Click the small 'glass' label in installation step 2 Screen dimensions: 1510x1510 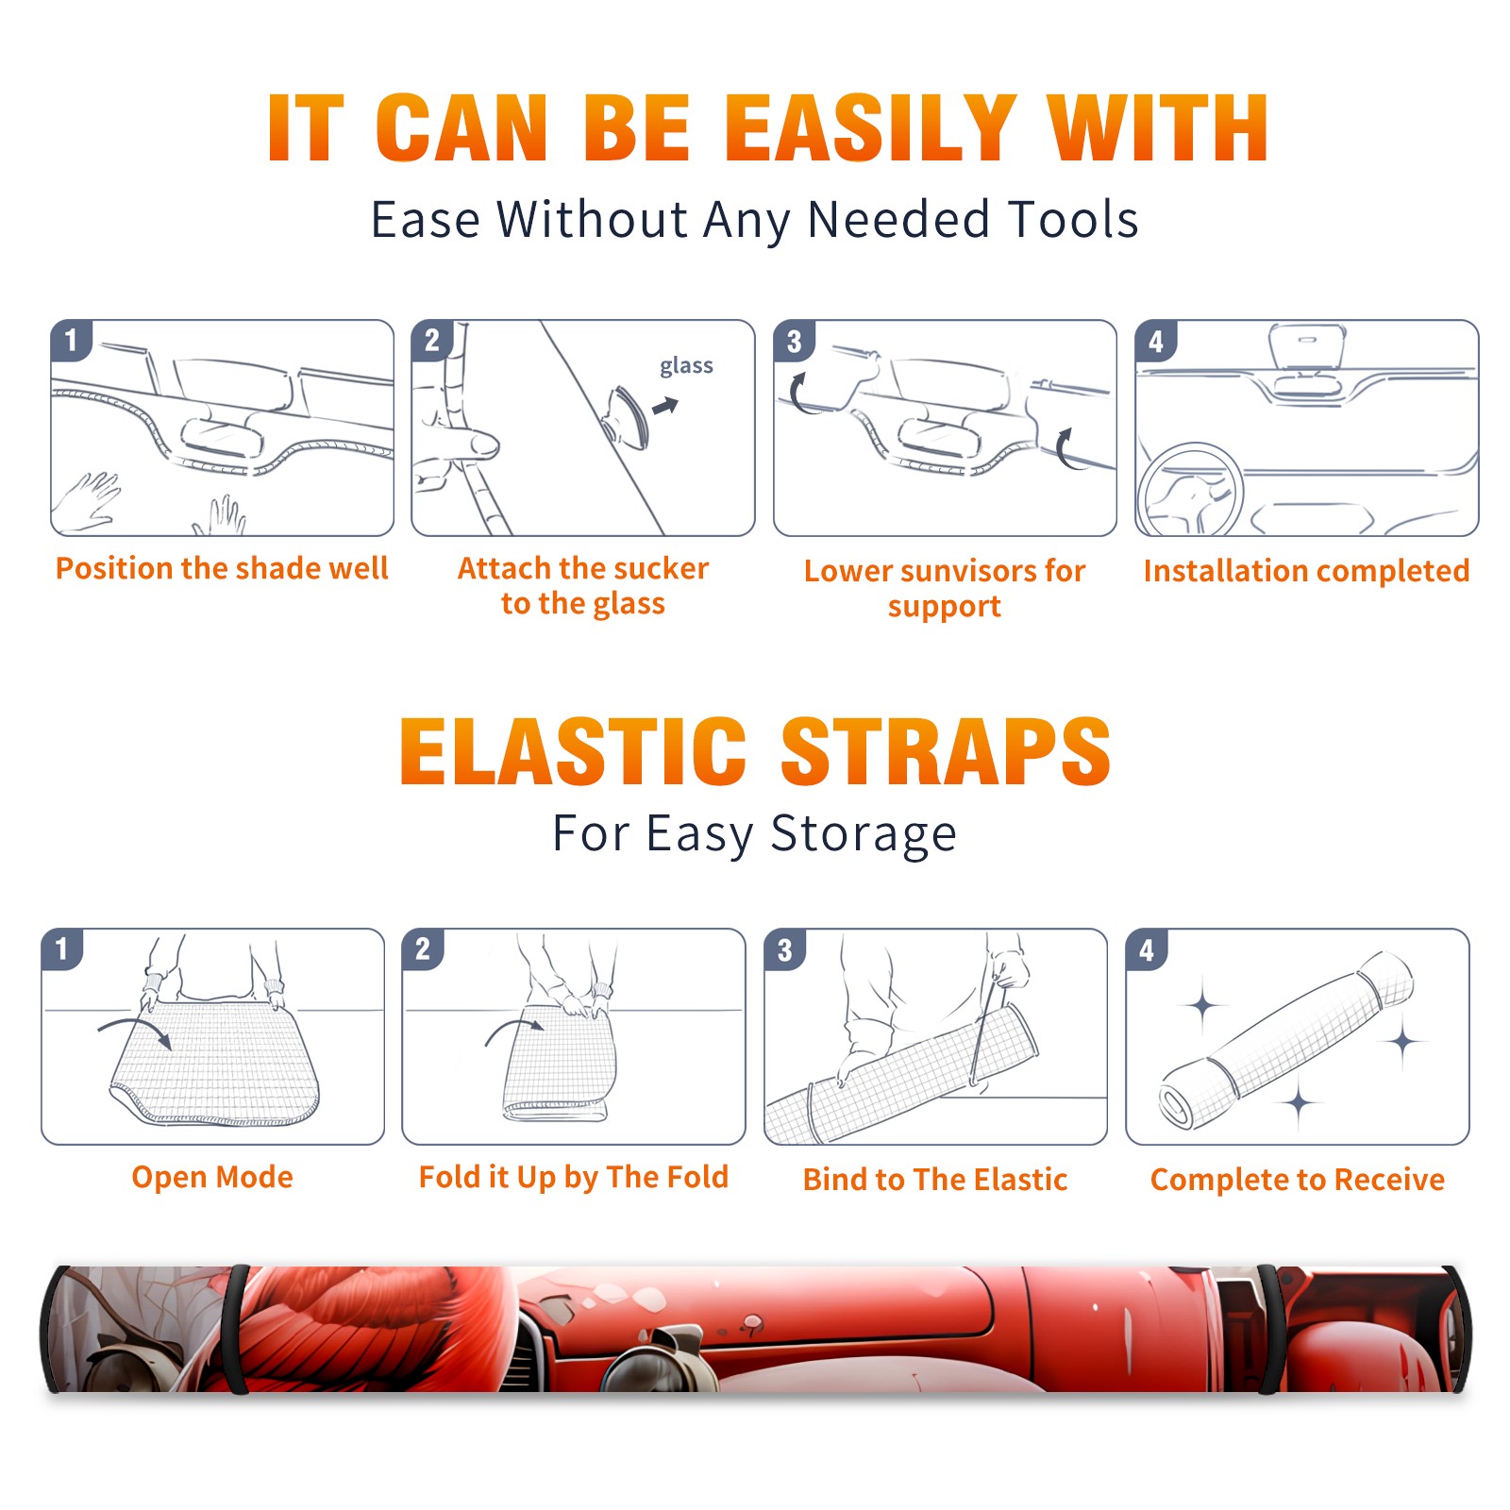686,366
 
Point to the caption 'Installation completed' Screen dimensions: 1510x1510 1306,571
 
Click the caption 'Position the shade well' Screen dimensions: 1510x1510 222,568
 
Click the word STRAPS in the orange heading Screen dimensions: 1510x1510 946,751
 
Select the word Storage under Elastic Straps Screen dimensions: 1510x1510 864,834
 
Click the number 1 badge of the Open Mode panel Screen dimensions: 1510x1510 62,948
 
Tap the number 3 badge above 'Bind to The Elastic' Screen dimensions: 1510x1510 785,949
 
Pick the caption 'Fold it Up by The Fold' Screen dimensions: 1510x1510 574,1177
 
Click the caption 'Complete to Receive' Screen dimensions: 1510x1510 1298,1180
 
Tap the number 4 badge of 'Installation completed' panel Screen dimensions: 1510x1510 1156,342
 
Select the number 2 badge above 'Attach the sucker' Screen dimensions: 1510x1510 432,341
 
